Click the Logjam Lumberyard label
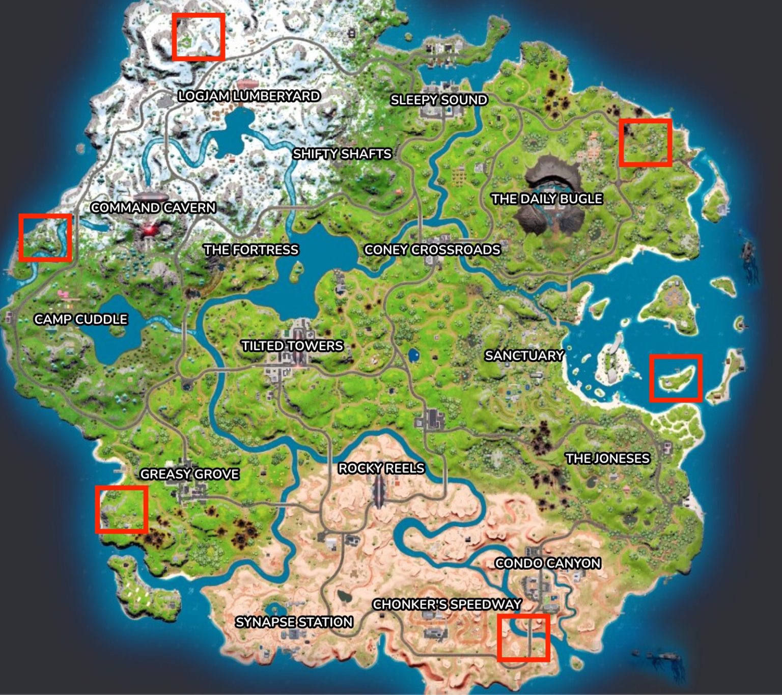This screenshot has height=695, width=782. tap(249, 96)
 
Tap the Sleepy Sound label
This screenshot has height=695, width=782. tap(439, 100)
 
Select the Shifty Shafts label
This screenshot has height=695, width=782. tap(342, 154)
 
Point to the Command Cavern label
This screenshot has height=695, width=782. tap(153, 208)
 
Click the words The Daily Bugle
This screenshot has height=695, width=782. tap(547, 199)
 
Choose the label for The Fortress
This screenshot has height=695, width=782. tap(251, 249)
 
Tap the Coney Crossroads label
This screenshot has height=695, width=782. tap(432, 249)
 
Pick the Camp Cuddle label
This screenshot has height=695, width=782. tap(81, 319)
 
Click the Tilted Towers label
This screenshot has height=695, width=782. tap(292, 346)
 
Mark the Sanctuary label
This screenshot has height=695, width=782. tap(524, 355)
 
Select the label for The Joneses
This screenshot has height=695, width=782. tap(607, 458)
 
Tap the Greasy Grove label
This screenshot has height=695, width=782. tap(189, 474)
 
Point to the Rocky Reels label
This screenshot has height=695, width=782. tap(381, 468)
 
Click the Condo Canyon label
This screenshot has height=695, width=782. tap(548, 563)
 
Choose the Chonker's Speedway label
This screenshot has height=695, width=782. tap(447, 604)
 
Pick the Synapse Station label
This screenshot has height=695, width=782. tap(294, 622)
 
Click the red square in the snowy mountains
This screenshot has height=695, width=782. tap(199, 37)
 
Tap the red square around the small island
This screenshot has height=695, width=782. tap(676, 378)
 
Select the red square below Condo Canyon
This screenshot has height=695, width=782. tap(523, 637)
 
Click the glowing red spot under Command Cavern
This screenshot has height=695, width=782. tap(149, 230)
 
